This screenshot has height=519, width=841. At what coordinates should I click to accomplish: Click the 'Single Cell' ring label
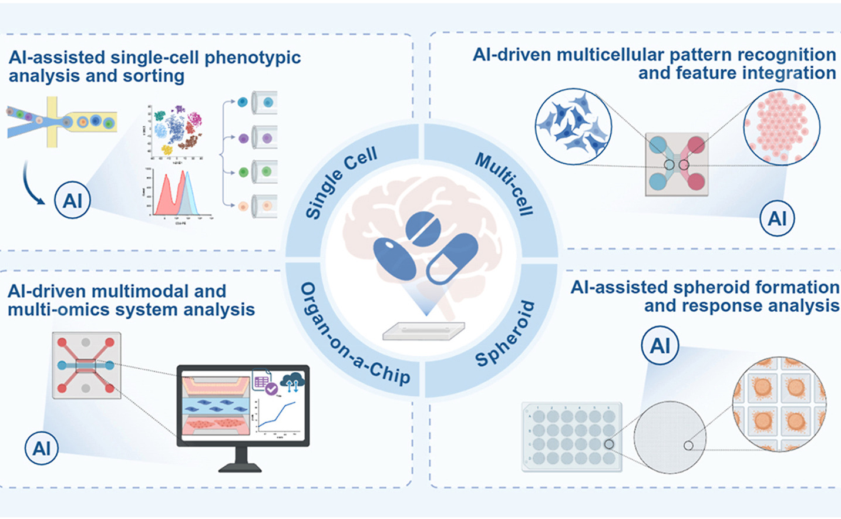pos(341,183)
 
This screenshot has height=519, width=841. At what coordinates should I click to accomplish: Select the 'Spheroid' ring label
pos(505,333)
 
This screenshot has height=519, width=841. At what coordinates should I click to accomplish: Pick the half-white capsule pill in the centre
pos(452,258)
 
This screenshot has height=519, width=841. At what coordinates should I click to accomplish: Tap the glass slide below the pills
pos(423,331)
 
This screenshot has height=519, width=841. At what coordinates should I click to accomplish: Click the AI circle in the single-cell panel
pos(72,200)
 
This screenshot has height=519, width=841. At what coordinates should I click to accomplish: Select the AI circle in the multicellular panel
pos(777,218)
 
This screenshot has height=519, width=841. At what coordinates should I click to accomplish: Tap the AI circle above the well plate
pos(660,345)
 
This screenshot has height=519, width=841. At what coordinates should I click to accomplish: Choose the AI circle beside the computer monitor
pos(42,448)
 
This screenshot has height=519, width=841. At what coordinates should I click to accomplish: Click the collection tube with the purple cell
pos(264,138)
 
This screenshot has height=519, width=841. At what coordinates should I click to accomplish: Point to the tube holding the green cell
pos(264,172)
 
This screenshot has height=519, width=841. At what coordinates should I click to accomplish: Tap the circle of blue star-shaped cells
pos(573,126)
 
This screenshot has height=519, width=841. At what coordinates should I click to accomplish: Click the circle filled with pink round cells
pos(781,126)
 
